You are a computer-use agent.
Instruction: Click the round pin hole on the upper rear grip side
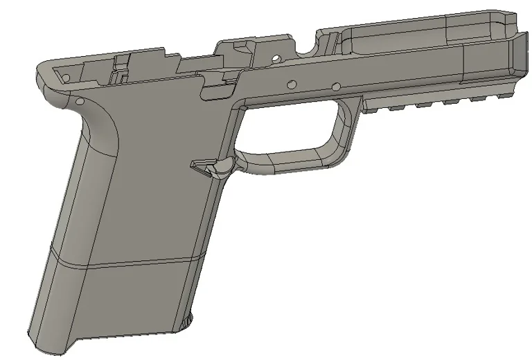(x=80, y=101)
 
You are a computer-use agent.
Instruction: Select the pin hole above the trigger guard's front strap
(x=336, y=87)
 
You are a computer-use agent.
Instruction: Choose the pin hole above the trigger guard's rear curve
(x=292, y=83)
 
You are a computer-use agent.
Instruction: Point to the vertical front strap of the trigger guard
(x=345, y=132)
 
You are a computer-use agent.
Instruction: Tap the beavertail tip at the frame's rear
(x=40, y=69)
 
